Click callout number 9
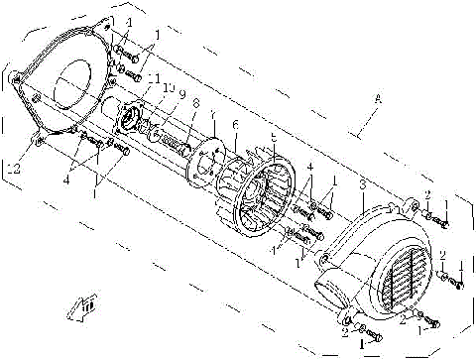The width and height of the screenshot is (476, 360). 180,96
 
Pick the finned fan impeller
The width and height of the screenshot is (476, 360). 253,198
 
